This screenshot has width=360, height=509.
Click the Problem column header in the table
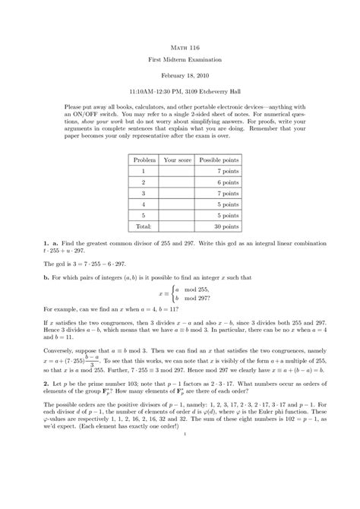click(x=144, y=161)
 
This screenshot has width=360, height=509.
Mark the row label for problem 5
click(x=144, y=216)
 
